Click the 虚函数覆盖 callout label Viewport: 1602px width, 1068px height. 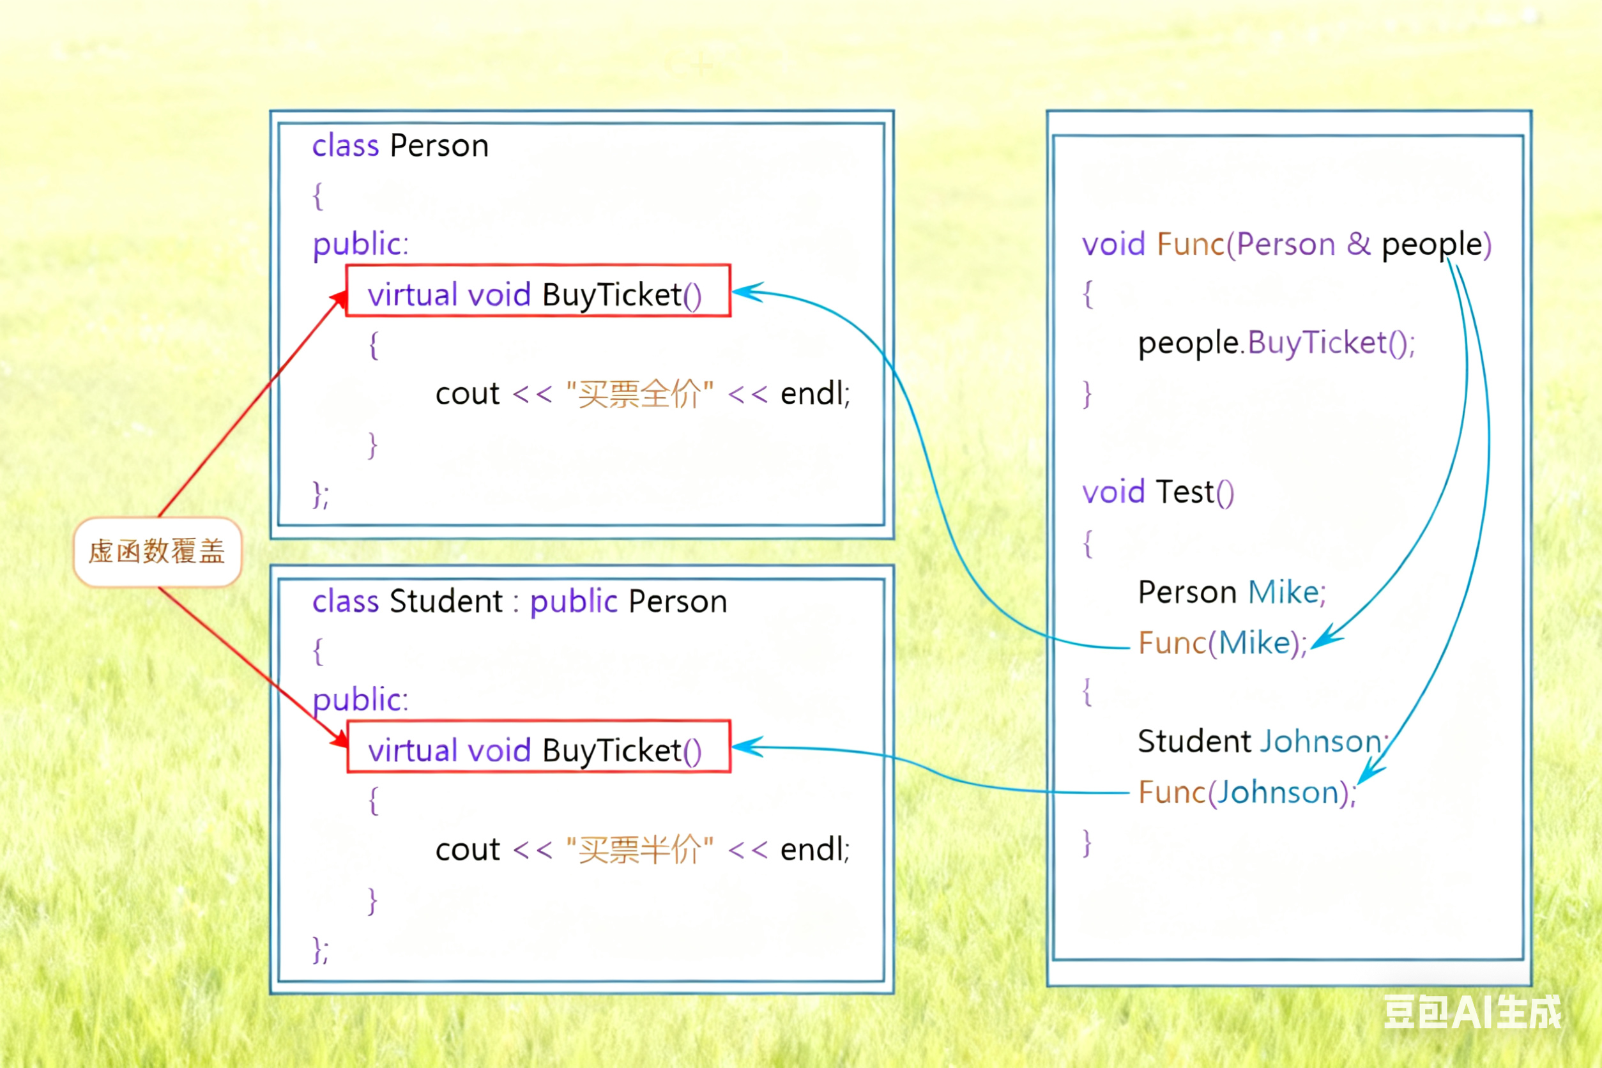point(157,551)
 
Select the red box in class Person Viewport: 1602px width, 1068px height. point(538,291)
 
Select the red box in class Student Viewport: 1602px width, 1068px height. point(538,747)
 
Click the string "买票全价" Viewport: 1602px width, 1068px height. point(639,393)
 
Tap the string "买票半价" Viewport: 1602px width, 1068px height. point(639,850)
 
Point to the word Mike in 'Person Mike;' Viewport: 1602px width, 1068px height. point(1283,592)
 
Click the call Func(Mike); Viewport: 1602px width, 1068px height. point(1223,643)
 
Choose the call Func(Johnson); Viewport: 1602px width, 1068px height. point(1246,793)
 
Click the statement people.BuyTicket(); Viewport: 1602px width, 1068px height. point(1276,342)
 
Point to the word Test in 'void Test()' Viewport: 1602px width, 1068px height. point(1184,492)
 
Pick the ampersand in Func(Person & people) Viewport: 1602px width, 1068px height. point(1358,244)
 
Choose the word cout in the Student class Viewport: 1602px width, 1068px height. point(468,850)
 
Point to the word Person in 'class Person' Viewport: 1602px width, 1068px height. point(439,146)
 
